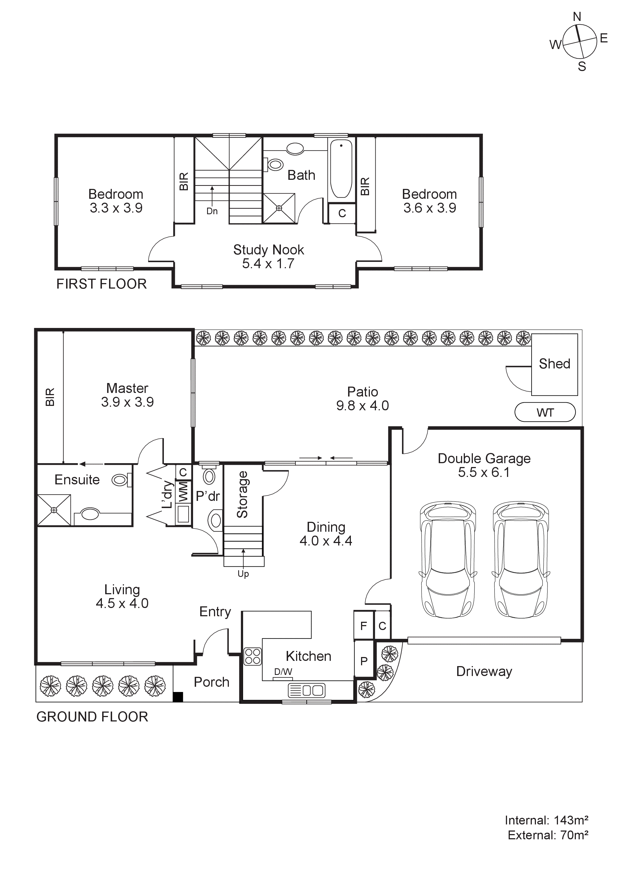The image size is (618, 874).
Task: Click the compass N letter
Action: point(577,17)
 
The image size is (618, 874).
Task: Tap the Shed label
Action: point(554,364)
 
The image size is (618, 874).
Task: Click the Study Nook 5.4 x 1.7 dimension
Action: point(269,264)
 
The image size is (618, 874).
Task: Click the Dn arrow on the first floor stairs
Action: point(212,196)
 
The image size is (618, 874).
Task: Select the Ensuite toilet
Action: point(121,480)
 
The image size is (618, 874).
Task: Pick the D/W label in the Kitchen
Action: point(283,672)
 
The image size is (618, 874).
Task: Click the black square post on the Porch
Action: point(178,697)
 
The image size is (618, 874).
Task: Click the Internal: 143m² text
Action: point(546,820)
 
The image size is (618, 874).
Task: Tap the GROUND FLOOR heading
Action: point(92,717)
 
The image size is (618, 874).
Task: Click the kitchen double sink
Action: point(307,690)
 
